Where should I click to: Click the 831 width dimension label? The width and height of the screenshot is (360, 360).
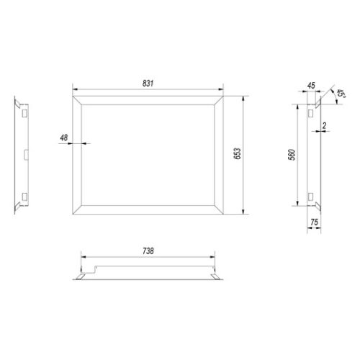[x=148, y=84]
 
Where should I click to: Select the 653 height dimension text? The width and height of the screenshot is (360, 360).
[x=237, y=153]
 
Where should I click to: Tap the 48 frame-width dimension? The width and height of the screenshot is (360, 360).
[x=64, y=138]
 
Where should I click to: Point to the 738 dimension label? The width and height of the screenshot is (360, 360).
[x=148, y=251]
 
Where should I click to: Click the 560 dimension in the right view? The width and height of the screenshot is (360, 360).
[x=292, y=155]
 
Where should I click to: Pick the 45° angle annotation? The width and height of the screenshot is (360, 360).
[x=341, y=94]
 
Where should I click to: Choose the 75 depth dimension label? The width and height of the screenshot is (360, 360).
[x=314, y=222]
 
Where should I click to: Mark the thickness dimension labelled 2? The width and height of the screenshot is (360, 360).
[x=325, y=125]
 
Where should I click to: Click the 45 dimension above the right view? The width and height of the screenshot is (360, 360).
[x=311, y=86]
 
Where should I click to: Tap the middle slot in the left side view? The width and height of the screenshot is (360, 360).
[x=26, y=155]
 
